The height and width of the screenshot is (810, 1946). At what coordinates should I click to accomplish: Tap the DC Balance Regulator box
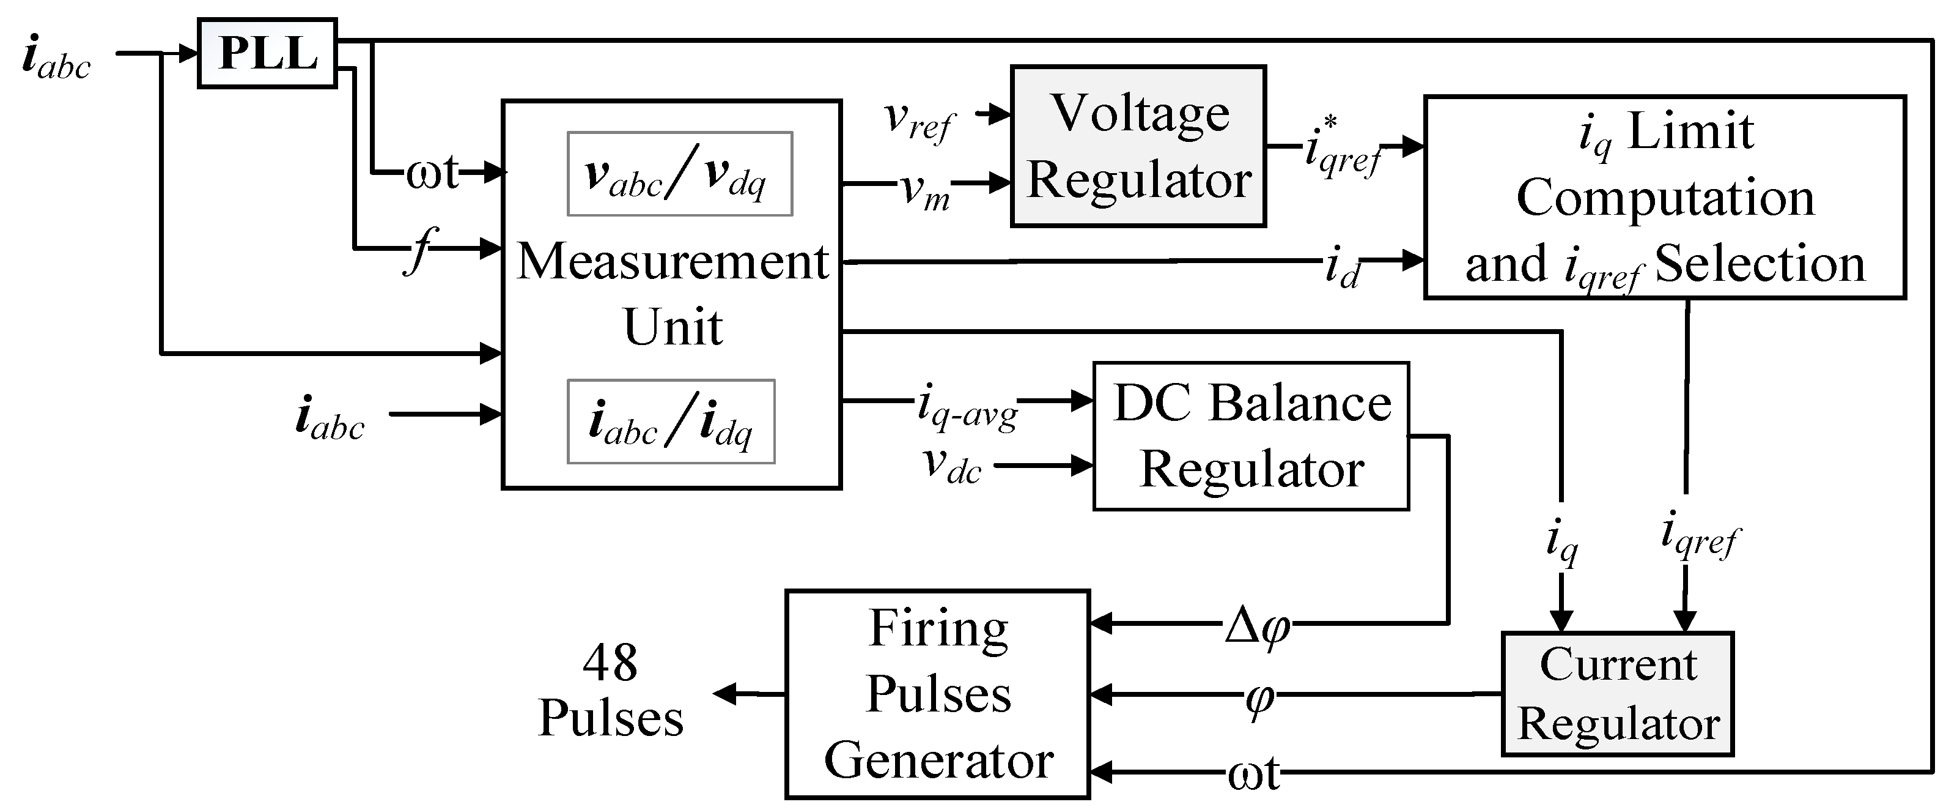(1250, 436)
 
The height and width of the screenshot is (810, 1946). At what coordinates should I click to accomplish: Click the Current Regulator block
(1617, 694)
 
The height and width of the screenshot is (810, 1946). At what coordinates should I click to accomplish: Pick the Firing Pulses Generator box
(937, 694)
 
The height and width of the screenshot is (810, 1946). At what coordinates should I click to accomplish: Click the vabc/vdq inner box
(679, 174)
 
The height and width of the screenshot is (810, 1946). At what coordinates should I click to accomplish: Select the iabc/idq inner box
(671, 422)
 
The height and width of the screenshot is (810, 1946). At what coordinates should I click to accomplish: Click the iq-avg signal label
(967, 406)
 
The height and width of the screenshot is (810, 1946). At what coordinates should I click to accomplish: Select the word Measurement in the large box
(673, 261)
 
